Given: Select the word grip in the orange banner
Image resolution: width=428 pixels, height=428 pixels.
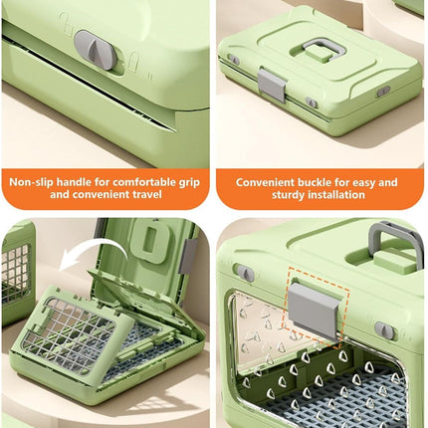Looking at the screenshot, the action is tap(191, 183).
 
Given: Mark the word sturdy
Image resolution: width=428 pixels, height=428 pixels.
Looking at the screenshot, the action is tap(289, 195).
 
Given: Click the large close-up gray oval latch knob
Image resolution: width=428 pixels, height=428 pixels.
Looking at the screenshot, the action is tap(96, 50).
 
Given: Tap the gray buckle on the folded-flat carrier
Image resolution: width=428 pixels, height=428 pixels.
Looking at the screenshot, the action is tap(272, 84).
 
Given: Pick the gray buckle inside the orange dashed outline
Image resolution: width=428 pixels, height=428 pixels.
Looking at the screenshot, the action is tap(314, 311).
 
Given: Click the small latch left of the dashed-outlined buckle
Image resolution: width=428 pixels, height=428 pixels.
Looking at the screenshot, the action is tap(244, 272).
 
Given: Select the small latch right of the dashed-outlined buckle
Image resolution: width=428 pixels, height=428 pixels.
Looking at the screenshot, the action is tap(385, 330).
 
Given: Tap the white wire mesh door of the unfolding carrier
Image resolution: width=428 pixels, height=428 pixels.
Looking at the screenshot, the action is tap(68, 335).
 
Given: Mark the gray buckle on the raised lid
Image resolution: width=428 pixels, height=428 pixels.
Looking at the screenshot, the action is tap(187, 256).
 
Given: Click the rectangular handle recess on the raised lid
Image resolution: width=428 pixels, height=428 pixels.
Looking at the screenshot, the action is tap(149, 240).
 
